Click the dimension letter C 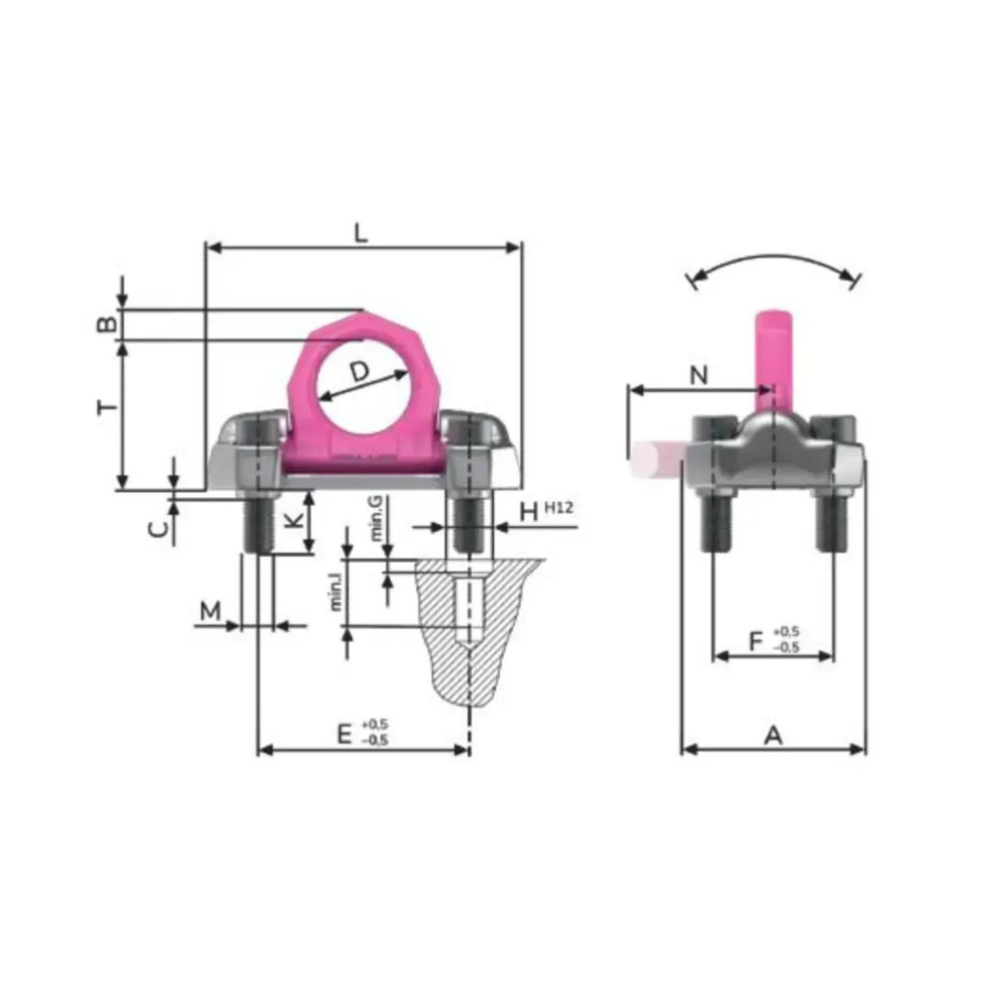157,530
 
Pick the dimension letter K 291,521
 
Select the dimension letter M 209,611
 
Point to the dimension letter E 344,735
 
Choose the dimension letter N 699,374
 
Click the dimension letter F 756,639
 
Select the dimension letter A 772,736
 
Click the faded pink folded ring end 651,459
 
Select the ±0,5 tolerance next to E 375,732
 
